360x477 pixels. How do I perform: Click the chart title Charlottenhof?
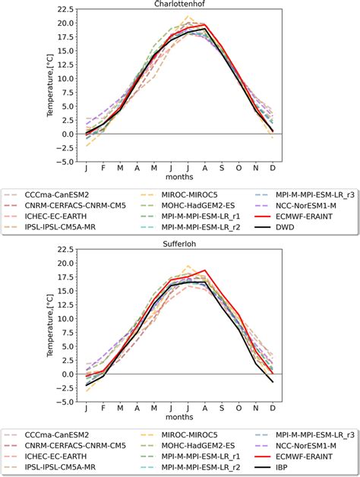(180, 4)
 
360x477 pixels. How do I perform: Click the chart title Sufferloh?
(180, 243)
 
